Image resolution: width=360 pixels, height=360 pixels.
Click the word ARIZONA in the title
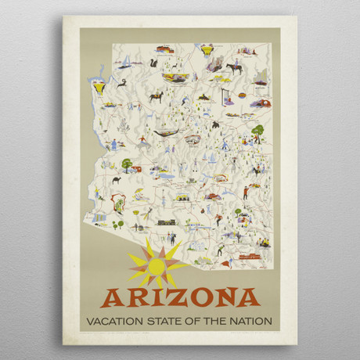coord(180,297)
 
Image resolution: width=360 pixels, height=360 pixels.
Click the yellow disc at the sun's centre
coord(157,266)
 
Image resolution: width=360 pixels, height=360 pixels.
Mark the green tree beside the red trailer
coord(126,164)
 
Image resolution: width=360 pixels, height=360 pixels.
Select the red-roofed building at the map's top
coord(164,50)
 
